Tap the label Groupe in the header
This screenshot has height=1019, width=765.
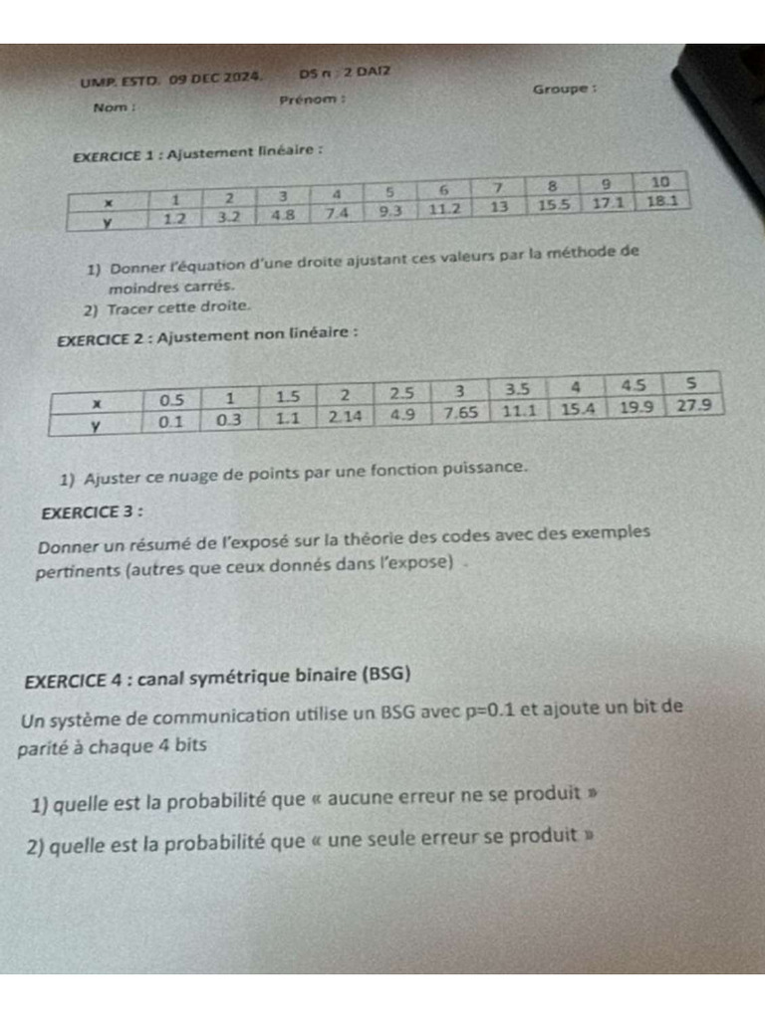[564, 89]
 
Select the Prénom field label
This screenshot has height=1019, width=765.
[312, 100]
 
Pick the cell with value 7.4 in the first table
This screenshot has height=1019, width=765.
[336, 212]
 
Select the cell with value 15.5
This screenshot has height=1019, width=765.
[553, 204]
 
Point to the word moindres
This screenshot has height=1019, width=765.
[140, 287]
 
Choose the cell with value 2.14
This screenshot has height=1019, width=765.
[346, 416]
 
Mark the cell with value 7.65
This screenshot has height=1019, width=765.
[462, 412]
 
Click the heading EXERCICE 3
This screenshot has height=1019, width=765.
[91, 512]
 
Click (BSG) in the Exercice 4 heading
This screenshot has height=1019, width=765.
[385, 674]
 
